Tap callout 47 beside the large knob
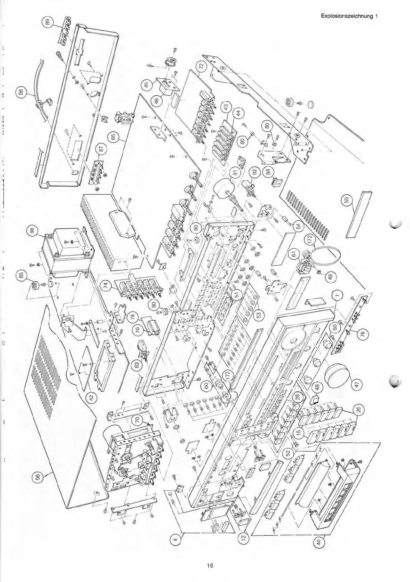(358, 384)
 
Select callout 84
(268, 171)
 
